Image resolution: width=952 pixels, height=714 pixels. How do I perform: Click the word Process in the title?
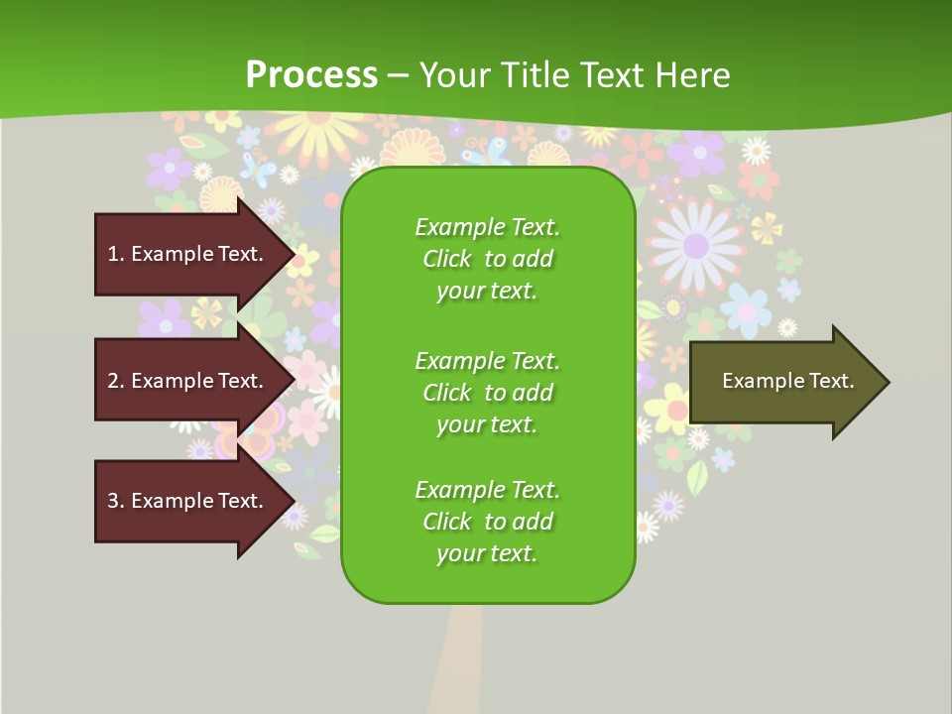[311, 75]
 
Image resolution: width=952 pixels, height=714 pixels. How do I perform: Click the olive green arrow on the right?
[783, 382]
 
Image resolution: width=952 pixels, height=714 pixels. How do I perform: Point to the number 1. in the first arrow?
[116, 254]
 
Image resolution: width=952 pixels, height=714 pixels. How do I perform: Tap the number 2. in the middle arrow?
[116, 381]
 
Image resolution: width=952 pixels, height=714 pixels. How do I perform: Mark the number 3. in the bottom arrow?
[116, 501]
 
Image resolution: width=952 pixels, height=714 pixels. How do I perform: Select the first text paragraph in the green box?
[487, 259]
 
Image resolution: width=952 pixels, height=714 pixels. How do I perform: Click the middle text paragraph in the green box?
[487, 393]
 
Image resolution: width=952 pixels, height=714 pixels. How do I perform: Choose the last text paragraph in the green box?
[487, 522]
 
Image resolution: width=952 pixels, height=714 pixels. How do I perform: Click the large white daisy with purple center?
[695, 243]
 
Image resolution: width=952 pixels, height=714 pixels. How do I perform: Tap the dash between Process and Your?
[399, 75]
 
